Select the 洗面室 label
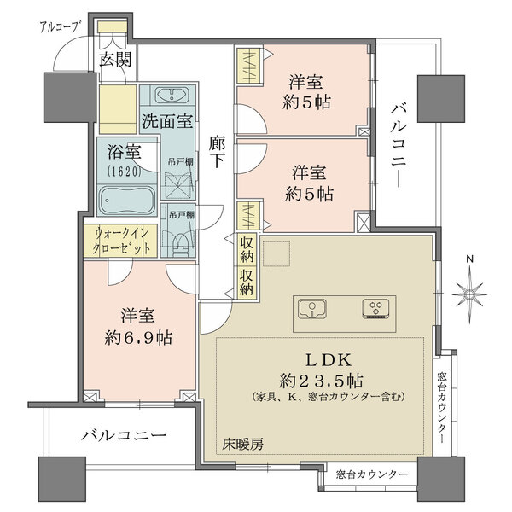point(166,120)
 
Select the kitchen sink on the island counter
point(312,307)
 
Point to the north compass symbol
point(469,294)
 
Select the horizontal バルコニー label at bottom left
point(124,435)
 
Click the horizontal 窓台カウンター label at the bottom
point(370,474)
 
